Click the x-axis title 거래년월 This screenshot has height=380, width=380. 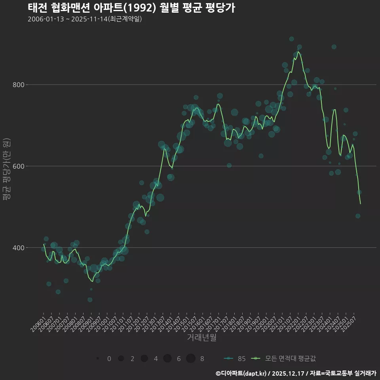pos(201,338)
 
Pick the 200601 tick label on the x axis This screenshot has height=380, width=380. pos(38,321)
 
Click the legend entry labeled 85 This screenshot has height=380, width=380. pos(235,359)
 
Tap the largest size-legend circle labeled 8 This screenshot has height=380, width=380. pos(191,359)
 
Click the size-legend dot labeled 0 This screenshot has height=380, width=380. pos(97,359)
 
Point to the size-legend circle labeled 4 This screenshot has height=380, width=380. pos(144,359)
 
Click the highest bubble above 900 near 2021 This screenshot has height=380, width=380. pos(291,39)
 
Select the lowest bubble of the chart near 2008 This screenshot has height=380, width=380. pos(90,300)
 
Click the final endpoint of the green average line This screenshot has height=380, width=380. pos(361,204)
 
